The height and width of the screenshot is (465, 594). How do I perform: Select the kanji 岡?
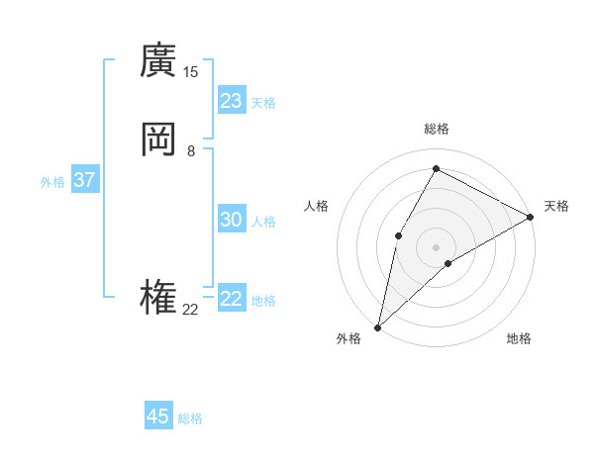point(158,139)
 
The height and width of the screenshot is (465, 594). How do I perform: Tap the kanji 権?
point(158,298)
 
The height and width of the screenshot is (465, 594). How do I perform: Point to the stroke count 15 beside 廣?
point(190,72)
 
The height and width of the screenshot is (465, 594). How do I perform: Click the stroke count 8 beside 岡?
point(190,151)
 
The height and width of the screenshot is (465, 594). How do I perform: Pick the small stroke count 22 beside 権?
point(190,310)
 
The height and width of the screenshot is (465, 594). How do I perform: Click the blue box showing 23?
point(232,100)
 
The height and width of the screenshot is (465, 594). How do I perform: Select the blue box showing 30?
point(232,220)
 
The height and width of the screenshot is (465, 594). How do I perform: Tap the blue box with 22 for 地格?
point(232,299)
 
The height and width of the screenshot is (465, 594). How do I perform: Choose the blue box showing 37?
point(84,180)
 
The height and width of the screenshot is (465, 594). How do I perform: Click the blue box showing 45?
point(158,417)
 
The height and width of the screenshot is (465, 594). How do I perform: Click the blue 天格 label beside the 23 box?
point(263,103)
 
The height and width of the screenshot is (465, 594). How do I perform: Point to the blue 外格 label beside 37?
point(52,182)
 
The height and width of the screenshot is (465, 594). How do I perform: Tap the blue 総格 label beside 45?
point(190,418)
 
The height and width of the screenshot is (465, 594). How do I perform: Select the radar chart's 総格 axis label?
point(436,129)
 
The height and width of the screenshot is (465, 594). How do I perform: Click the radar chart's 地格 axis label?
point(519,338)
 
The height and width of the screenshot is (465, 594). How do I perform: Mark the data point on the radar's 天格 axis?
point(531,217)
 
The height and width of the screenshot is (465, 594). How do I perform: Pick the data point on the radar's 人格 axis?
point(398,234)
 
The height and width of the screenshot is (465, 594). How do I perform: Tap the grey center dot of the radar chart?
point(436,246)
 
